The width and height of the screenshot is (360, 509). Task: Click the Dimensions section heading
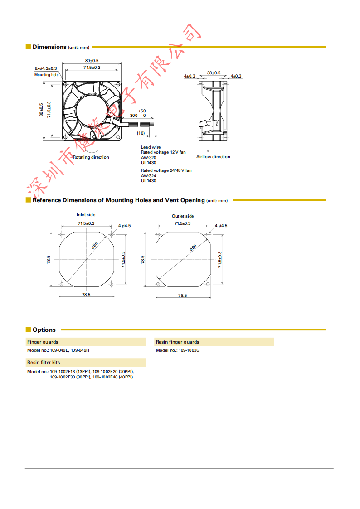click(49, 47)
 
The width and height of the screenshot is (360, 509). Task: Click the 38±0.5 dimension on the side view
click(214, 73)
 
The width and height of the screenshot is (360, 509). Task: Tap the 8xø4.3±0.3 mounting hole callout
click(46, 68)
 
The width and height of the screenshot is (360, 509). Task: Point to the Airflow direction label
click(213, 157)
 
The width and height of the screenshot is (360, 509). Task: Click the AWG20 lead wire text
click(148, 157)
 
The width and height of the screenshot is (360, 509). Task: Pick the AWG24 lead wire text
click(148, 175)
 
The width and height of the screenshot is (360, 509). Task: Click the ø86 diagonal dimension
click(95, 245)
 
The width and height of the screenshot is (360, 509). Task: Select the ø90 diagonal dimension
click(193, 247)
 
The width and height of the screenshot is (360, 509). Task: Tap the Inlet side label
click(86, 215)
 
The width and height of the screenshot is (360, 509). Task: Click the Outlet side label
click(183, 216)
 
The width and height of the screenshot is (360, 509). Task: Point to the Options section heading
click(44, 330)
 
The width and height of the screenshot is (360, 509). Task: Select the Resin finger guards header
click(177, 342)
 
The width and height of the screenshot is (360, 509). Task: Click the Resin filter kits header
click(44, 363)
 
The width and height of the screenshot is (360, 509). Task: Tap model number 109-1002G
click(189, 350)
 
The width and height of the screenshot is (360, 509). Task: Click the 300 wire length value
click(134, 116)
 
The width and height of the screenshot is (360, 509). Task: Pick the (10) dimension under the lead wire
click(141, 133)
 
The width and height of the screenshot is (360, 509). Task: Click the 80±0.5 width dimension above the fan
click(92, 61)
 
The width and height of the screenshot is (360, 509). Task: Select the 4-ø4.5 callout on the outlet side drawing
click(221, 225)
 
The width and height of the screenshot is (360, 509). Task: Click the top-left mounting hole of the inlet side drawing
click(62, 234)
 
